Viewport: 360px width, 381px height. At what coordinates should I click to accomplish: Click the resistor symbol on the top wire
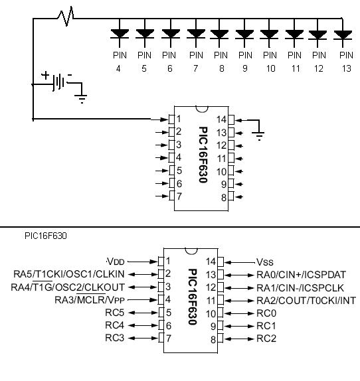click(66, 17)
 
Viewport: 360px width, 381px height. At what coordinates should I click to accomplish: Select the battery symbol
click(59, 82)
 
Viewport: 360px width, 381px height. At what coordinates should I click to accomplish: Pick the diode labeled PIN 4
click(120, 34)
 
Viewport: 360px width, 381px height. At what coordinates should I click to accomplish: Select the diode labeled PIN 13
click(343, 35)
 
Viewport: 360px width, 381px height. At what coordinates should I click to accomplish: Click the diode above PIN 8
click(219, 35)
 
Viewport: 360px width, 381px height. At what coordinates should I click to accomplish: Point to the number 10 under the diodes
click(271, 69)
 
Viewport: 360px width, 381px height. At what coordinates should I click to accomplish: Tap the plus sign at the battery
click(45, 75)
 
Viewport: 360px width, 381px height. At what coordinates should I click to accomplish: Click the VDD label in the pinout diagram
click(116, 262)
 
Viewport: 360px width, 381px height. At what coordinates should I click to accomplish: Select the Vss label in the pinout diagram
click(265, 262)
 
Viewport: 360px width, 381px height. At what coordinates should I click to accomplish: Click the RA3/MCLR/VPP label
click(90, 299)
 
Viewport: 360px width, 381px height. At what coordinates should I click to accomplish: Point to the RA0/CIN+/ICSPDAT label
click(301, 275)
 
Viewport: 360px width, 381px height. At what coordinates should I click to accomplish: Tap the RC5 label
click(114, 313)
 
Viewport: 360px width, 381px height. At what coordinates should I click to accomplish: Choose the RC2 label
click(266, 339)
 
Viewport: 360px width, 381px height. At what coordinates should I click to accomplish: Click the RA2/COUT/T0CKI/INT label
click(306, 301)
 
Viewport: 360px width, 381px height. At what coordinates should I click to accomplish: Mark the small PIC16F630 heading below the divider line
click(46, 236)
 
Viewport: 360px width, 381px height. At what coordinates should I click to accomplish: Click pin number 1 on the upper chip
click(179, 119)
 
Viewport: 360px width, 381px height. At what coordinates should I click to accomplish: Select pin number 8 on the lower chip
click(213, 339)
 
